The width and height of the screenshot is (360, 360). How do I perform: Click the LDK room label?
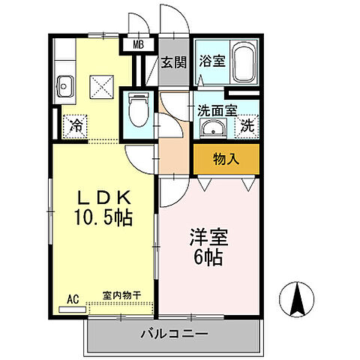pos(105,198)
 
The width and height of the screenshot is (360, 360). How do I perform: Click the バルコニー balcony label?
pos(174,333)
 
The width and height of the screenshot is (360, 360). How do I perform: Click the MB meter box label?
pos(138,45)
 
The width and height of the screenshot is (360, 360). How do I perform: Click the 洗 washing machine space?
pos(246,126)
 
